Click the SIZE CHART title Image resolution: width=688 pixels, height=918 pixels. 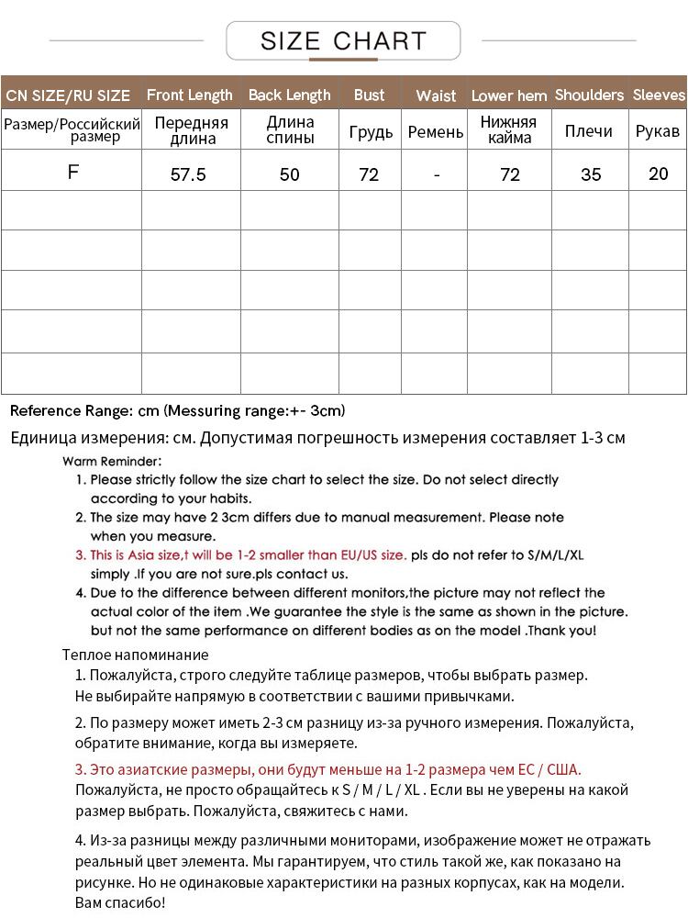pos(344,41)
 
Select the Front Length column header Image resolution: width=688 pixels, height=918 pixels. pos(190,95)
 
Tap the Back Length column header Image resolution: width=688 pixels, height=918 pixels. pos(289,95)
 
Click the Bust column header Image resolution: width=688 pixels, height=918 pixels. pos(369,95)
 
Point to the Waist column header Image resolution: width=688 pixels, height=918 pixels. pos(436,95)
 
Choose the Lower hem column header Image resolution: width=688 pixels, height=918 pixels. pos(509,95)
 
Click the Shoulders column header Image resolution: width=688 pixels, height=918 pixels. pos(589,95)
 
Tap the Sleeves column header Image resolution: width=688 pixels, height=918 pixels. pos(659,95)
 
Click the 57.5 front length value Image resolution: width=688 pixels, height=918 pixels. pos(189,174)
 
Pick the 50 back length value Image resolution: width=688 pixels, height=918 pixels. pos(289,174)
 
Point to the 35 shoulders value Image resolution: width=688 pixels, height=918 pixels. pos(591,174)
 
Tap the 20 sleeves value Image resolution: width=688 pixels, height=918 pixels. pos(659,174)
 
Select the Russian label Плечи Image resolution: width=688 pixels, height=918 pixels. pos(589,131)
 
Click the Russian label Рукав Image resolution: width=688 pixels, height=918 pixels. pos(658,131)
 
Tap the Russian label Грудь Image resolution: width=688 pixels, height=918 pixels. pos(371,132)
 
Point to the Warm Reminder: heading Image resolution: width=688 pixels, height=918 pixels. pos(112,461)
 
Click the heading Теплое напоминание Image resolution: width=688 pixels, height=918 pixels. pos(136,655)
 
